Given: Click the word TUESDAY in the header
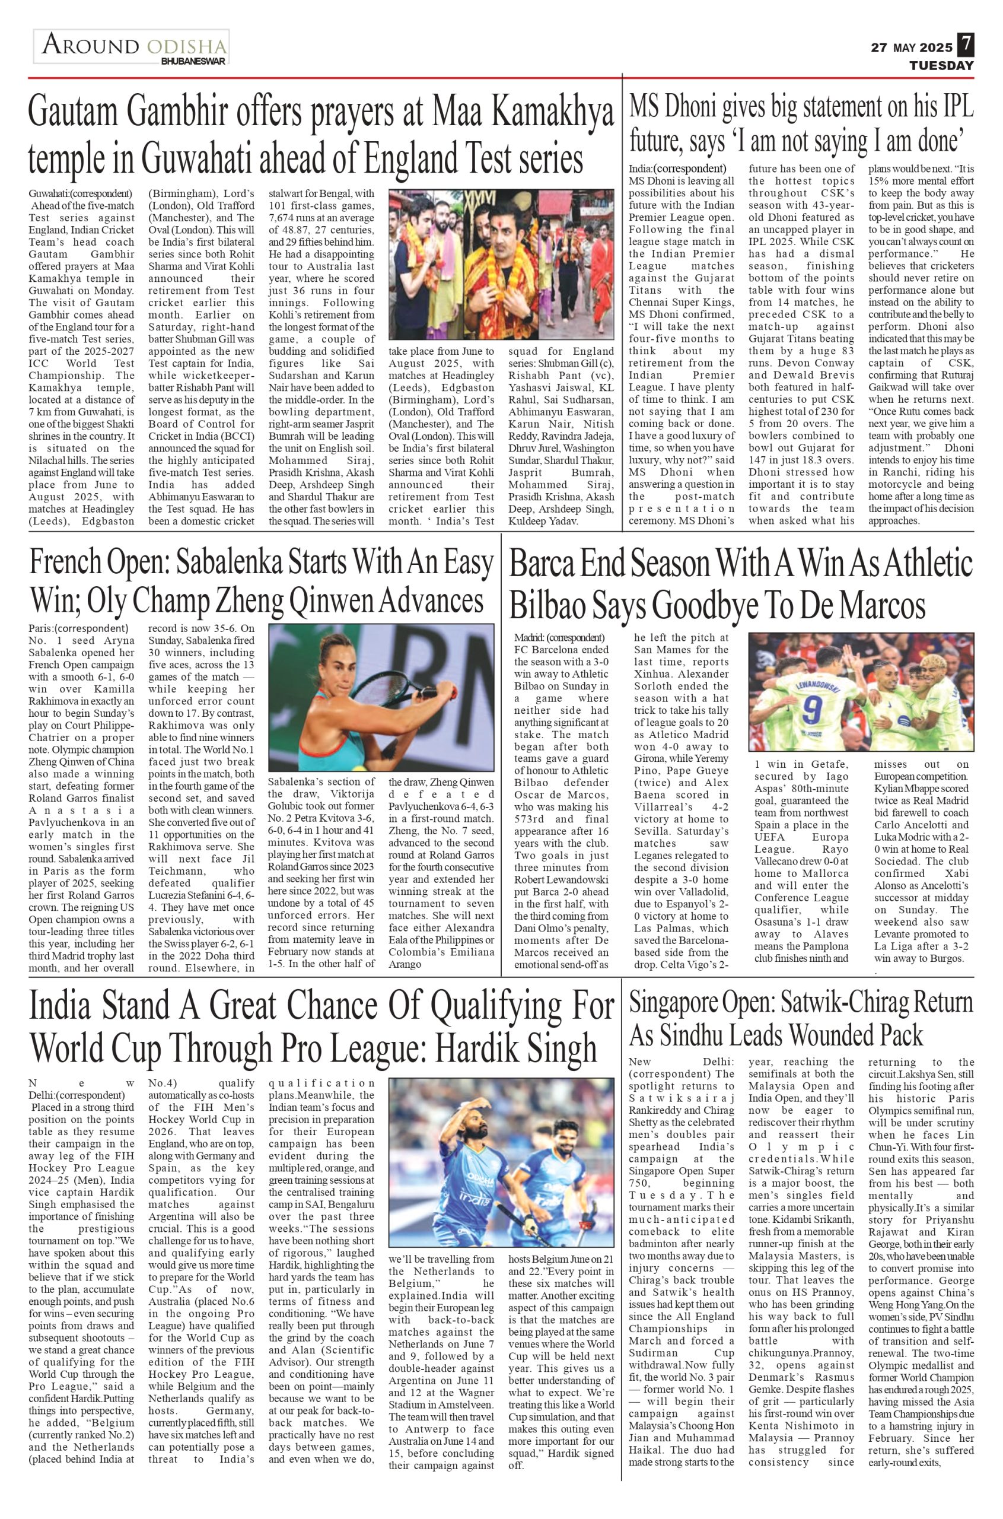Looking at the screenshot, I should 941,66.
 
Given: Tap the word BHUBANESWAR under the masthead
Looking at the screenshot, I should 193,62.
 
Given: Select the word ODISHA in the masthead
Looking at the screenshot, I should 186,46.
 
